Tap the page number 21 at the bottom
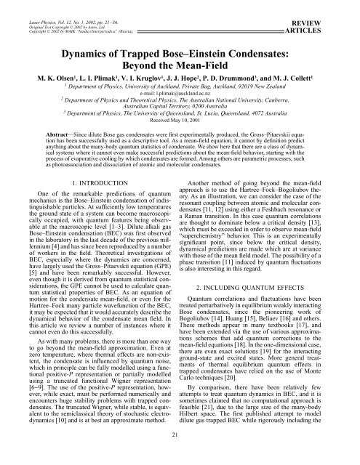pyautogui.click(x=180, y=455)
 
